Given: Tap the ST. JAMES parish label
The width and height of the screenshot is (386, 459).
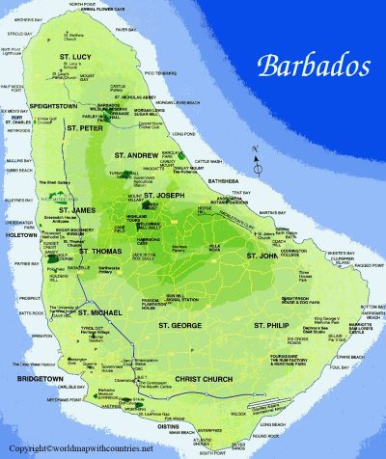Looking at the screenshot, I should [77, 209].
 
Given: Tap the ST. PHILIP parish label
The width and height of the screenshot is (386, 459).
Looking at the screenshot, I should [272, 327].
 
